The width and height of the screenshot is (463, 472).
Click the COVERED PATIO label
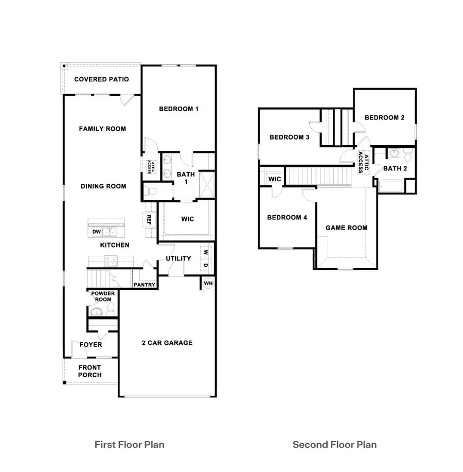101,79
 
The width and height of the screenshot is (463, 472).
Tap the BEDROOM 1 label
179,109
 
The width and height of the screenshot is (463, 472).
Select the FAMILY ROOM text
102,129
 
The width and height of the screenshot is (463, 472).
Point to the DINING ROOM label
103,186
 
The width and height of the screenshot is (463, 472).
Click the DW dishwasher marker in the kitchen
96,232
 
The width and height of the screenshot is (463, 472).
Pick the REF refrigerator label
149,219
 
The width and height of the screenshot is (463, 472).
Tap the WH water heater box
208,283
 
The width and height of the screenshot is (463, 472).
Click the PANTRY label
145,285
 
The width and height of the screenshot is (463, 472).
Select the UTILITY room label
179,258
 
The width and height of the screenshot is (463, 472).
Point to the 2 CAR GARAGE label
167,343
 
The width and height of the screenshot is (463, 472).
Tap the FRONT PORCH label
90,371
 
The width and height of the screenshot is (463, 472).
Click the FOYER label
91,345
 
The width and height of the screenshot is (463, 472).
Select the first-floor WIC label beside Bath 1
187,219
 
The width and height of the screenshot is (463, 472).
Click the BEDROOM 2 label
384,118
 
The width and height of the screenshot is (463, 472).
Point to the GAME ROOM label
346,228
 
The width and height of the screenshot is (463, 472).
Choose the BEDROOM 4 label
287,218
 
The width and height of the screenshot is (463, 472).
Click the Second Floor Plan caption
334,444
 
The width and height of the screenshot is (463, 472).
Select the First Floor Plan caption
129,444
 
